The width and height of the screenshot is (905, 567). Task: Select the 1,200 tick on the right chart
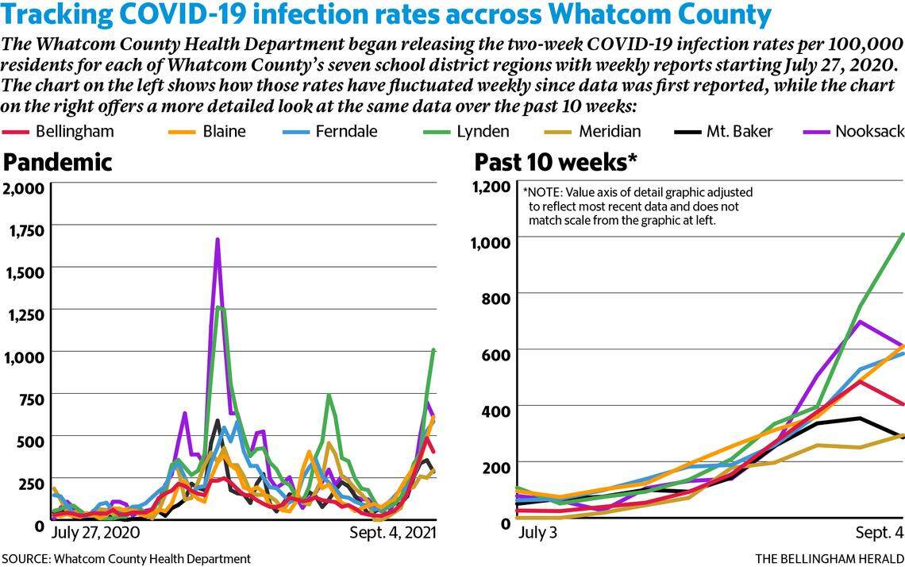click(x=489, y=187)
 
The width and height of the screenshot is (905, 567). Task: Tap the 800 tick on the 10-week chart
click(x=495, y=295)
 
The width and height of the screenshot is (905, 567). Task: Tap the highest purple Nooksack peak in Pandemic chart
click(x=218, y=239)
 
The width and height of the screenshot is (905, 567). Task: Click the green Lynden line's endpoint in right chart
click(x=903, y=234)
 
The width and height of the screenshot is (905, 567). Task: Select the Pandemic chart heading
click(x=58, y=162)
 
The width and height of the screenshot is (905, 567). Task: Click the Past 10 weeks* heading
click(x=556, y=162)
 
